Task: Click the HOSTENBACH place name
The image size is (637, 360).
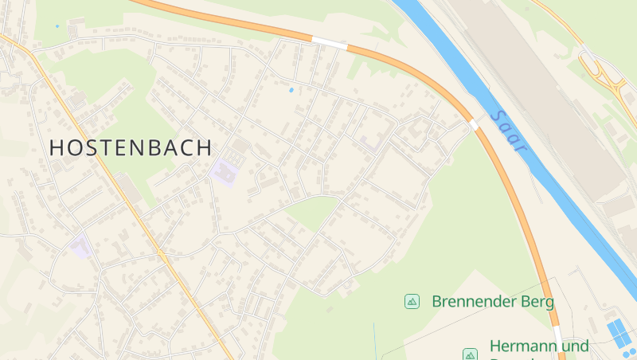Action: (131, 147)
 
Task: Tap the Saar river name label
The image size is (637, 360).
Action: (509, 131)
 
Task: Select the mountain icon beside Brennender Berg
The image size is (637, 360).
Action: (412, 301)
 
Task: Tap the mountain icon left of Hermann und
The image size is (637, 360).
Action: (470, 354)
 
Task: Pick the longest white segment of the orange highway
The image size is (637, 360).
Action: (329, 43)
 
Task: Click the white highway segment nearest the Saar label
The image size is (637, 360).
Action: (475, 124)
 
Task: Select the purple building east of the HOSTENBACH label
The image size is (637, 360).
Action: (225, 170)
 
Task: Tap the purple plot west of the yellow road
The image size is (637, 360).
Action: (80, 246)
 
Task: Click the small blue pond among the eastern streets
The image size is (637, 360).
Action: (291, 89)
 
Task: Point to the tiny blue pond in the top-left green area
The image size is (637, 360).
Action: (57, 26)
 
